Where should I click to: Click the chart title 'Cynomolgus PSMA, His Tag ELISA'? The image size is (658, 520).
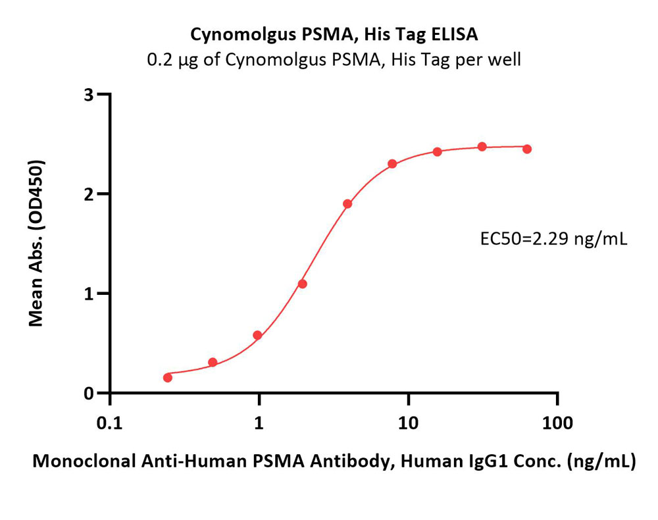pos(334,34)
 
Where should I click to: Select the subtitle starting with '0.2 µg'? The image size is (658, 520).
pos(334,60)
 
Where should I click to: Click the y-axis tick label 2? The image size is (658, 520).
pos(88,194)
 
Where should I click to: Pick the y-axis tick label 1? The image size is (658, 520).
pos(88,294)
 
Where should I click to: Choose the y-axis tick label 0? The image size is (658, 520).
pos(88,394)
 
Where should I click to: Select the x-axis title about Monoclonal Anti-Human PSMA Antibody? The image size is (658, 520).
pos(334,462)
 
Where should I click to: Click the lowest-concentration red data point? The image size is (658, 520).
pos(168,377)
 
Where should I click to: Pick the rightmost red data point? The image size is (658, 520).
pos(527,149)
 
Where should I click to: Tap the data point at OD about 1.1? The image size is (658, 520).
pos(303,284)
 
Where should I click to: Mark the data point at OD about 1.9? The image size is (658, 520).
pos(347,204)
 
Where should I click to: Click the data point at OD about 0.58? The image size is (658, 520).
pos(257,335)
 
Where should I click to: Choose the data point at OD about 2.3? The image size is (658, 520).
pos(392,164)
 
